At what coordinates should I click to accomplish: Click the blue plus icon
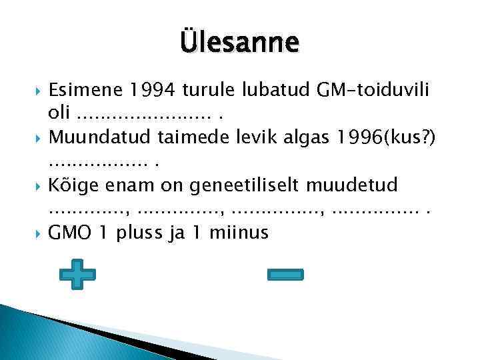(x=77, y=274)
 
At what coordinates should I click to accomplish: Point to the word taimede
(x=191, y=137)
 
